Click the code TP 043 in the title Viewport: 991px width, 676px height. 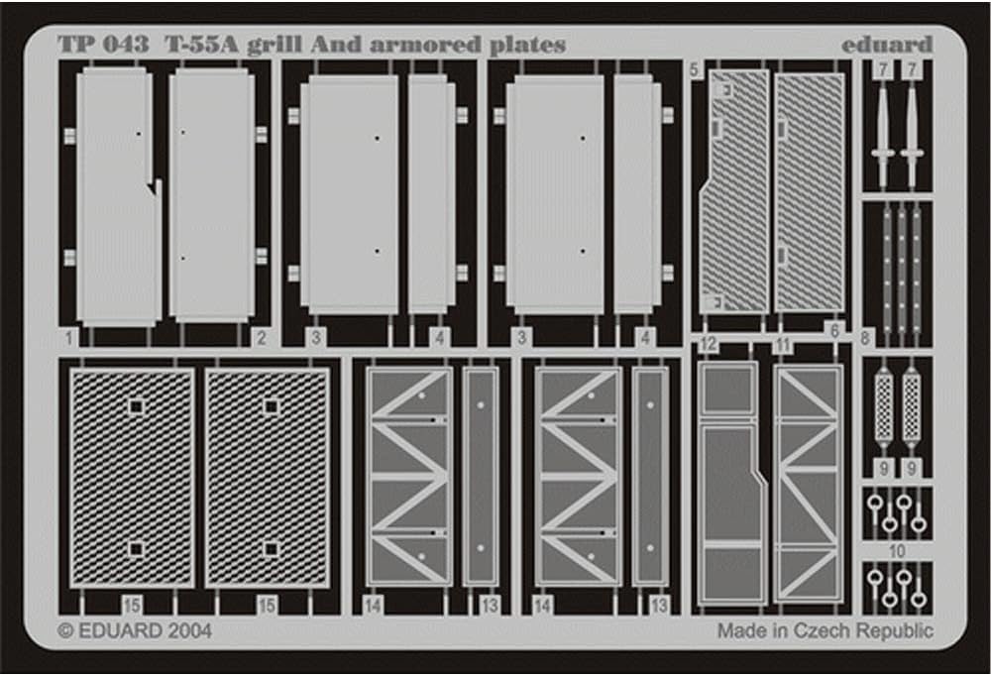point(103,46)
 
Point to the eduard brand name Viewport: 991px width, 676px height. point(887,46)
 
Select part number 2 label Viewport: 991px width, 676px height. point(260,338)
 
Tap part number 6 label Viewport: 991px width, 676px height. point(833,330)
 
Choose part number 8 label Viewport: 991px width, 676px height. point(865,338)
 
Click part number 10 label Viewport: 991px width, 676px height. point(897,550)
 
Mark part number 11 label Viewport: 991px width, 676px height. point(783,345)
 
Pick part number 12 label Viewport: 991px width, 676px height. point(708,345)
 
